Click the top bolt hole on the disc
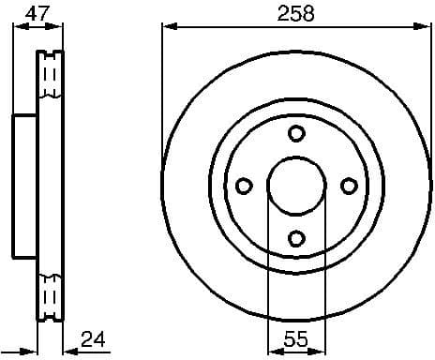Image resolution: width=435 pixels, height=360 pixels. tap(295, 132)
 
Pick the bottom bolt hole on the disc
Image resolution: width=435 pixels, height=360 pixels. tap(295, 239)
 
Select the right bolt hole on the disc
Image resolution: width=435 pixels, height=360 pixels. tap(349, 186)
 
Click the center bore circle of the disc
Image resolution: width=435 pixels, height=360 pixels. tap(295, 186)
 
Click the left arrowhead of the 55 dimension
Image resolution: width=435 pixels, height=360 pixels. tap(273, 351)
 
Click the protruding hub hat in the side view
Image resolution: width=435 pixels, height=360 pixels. tap(24, 186)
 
